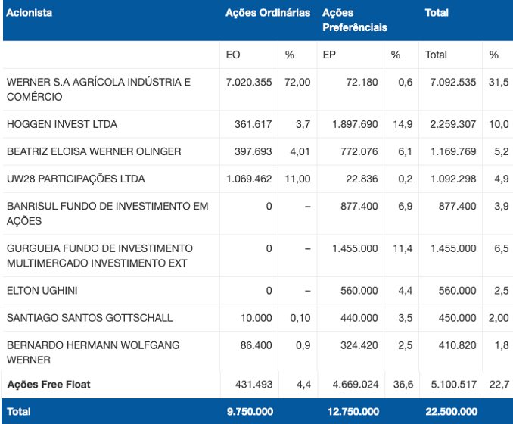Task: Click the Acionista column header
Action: pos(29,13)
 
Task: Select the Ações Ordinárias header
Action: pos(268,13)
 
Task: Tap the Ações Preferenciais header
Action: pos(355,20)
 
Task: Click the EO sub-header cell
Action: pos(233,55)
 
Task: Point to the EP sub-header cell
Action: pos(329,55)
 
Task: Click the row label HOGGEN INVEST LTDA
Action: pos(62,124)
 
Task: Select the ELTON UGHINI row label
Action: pos(42,291)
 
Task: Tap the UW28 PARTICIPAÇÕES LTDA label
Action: pos(76,179)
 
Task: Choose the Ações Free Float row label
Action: pos(48,385)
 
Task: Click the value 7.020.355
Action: pos(249,83)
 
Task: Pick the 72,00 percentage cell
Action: pos(297,83)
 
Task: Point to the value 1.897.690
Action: pos(355,124)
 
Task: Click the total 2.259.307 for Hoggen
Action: pos(452,124)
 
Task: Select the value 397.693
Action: pos(253,151)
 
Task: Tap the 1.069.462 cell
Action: pos(249,179)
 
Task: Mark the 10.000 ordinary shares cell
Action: pos(256,318)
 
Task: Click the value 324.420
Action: pos(359,345)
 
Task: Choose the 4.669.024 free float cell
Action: pos(356,385)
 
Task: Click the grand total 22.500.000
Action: pos(452,412)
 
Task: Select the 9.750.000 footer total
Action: pos(250,412)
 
